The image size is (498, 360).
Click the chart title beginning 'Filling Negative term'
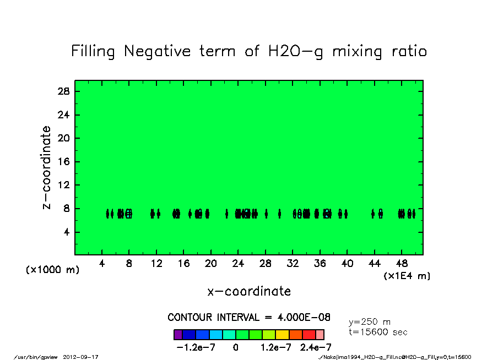tap(249, 52)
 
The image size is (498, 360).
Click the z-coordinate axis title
tap(47, 167)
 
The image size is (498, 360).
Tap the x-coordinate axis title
tap(249, 291)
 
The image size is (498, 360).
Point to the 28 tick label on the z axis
tap(63, 91)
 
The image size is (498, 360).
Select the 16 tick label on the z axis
tap(63, 162)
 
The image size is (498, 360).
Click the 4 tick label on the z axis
tap(66, 232)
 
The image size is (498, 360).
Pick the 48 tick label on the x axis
tap(402, 264)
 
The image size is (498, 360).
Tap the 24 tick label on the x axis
tap(238, 264)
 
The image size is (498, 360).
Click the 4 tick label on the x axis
tap(102, 264)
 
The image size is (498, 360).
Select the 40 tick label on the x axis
tap(347, 264)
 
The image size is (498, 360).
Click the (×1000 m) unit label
tap(53, 270)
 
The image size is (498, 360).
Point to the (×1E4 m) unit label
tap(407, 276)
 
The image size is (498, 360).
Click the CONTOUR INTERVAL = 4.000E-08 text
tap(249, 318)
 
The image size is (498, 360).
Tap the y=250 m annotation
tap(370, 322)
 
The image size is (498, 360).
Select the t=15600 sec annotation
tap(378, 332)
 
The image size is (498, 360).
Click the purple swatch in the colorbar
tap(178, 335)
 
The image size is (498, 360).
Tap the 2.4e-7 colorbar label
tap(316, 347)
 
